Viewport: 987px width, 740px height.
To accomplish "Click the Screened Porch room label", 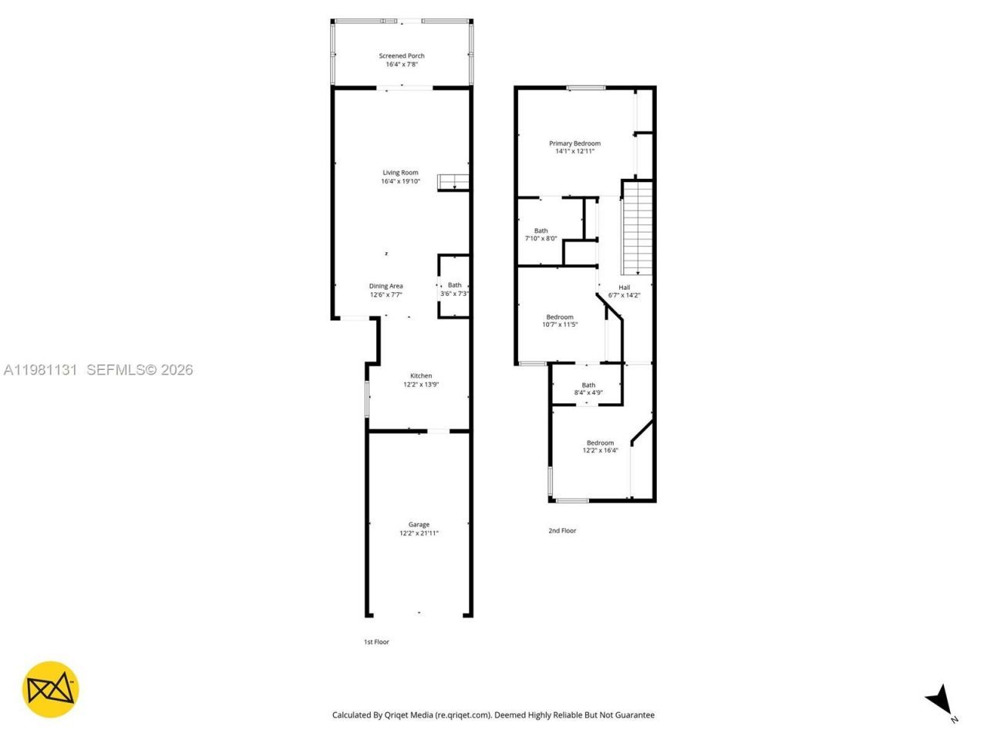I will pyautogui.click(x=401, y=55).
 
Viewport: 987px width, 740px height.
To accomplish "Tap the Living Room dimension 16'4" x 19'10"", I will pyautogui.click(x=400, y=182).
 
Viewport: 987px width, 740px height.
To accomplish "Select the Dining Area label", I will pyautogui.click(x=386, y=286).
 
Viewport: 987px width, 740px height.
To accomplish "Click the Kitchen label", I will pyautogui.click(x=420, y=376).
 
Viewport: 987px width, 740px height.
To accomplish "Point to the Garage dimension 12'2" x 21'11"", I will pyautogui.click(x=419, y=533).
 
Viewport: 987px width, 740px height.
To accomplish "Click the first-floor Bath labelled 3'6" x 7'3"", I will pyautogui.click(x=454, y=289).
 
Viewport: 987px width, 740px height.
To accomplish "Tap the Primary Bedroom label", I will pyautogui.click(x=574, y=143).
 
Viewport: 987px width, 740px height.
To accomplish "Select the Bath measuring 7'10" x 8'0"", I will pyautogui.click(x=541, y=234).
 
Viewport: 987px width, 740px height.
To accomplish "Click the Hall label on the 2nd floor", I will pyautogui.click(x=624, y=288).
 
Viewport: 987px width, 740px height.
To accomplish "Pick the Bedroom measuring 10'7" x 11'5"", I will pyautogui.click(x=560, y=321).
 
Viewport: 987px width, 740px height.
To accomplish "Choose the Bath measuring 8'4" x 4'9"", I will pyautogui.click(x=588, y=388).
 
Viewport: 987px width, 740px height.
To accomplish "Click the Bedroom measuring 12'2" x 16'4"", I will pyautogui.click(x=600, y=446).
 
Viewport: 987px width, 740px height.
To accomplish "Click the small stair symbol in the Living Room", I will pyautogui.click(x=453, y=182).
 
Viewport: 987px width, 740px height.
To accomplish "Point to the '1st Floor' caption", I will pyautogui.click(x=376, y=642).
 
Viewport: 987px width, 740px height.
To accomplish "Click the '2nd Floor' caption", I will pyautogui.click(x=562, y=531).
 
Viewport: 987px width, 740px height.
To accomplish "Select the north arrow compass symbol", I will pyautogui.click(x=939, y=701).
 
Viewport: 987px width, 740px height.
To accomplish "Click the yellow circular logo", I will pyautogui.click(x=50, y=689).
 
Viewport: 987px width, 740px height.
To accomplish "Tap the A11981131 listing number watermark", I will pyautogui.click(x=40, y=370).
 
